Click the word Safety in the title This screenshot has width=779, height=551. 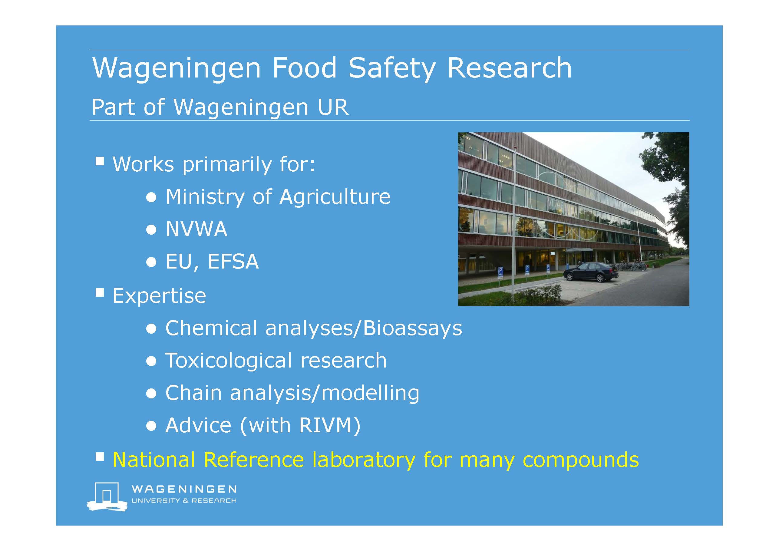[x=391, y=69]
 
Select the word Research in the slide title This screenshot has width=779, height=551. [x=510, y=68]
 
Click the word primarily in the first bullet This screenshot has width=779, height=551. [x=227, y=165]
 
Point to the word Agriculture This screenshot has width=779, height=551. [x=335, y=197]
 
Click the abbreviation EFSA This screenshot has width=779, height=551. [x=233, y=261]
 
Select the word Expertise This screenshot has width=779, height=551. [x=159, y=296]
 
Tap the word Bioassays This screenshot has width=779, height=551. [x=412, y=328]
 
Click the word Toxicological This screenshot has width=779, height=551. [x=229, y=361]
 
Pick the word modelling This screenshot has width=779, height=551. [x=370, y=393]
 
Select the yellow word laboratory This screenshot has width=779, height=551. [x=364, y=460]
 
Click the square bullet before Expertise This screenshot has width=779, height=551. [x=100, y=292]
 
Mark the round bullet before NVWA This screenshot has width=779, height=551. [x=151, y=230]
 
